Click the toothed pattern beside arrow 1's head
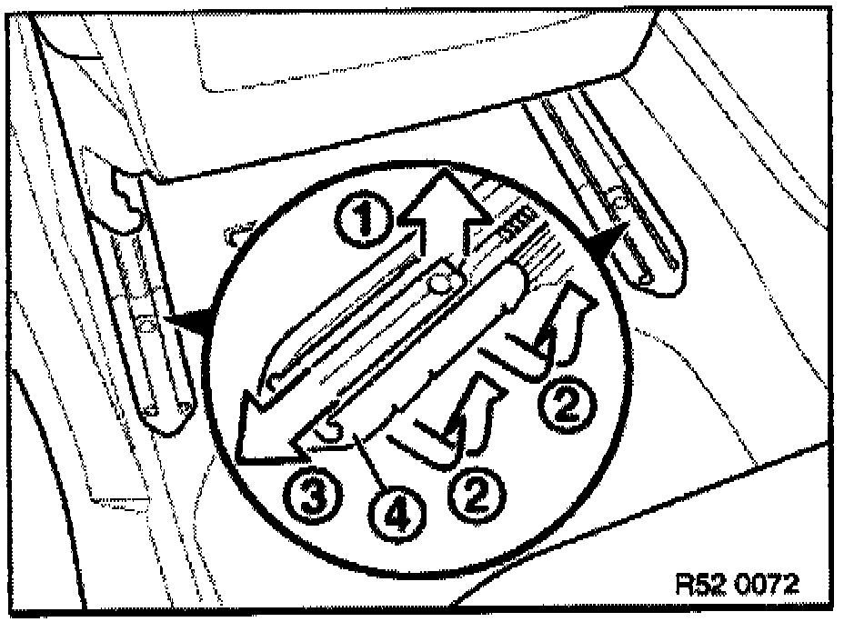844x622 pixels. tap(515, 223)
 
